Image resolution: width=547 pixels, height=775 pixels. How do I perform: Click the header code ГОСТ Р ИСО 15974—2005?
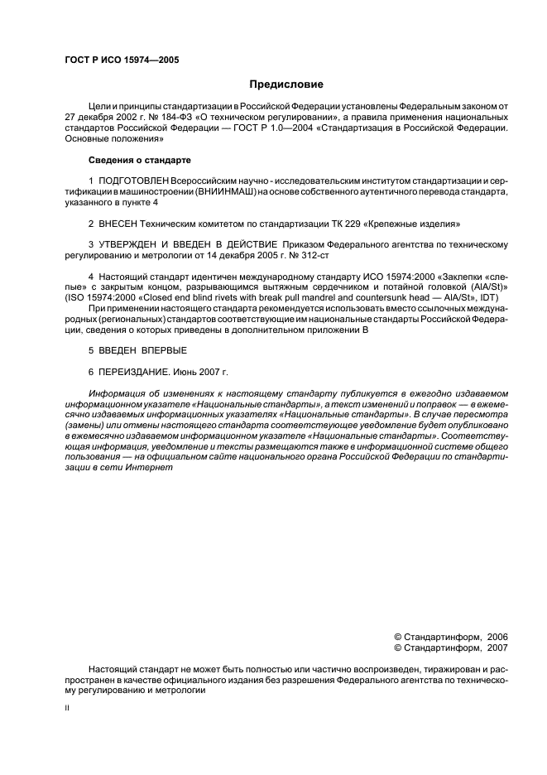pos(122,60)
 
